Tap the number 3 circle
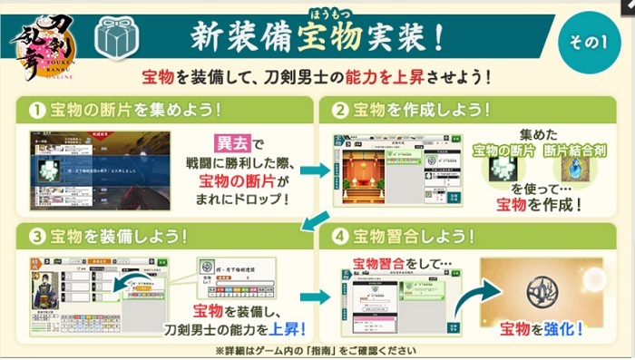click(x=37, y=236)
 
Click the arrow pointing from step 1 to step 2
click(x=313, y=170)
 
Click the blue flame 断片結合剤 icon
click(x=575, y=170)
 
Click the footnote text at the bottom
click(x=317, y=350)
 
